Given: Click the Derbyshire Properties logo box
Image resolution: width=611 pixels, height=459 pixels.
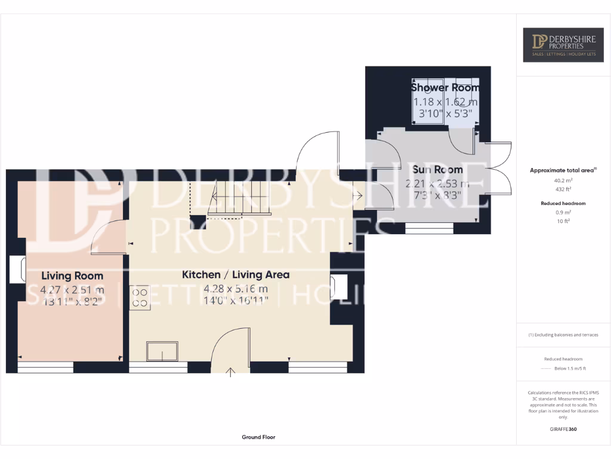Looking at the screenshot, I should pyautogui.click(x=563, y=45).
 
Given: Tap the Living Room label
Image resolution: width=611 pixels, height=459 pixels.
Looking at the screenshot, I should pyautogui.click(x=72, y=276).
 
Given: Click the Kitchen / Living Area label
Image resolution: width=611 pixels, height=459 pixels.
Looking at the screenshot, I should pyautogui.click(x=236, y=275).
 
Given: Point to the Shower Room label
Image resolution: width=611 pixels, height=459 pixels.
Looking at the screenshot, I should pyautogui.click(x=445, y=88).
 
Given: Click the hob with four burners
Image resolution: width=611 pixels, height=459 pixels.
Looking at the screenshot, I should pyautogui.click(x=140, y=298).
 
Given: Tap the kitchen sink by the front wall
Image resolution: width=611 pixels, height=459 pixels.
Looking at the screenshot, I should pyautogui.click(x=163, y=351).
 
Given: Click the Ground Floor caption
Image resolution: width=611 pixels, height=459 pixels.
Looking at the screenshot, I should pyautogui.click(x=258, y=437).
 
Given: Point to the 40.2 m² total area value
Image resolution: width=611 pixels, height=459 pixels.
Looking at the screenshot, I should pyautogui.click(x=563, y=180).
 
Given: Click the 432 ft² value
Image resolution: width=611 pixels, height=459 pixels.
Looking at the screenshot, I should pyautogui.click(x=563, y=189).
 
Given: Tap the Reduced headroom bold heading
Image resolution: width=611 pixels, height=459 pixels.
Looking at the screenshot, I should pyautogui.click(x=563, y=203).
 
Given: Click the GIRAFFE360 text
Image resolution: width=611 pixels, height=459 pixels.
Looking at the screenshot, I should pyautogui.click(x=563, y=429).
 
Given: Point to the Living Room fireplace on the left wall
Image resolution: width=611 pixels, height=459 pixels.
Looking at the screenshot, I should pyautogui.click(x=18, y=269).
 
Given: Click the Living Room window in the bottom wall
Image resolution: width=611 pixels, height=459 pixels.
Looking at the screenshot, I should pyautogui.click(x=45, y=367).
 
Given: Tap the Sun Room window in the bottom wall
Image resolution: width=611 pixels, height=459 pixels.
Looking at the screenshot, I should pyautogui.click(x=428, y=228).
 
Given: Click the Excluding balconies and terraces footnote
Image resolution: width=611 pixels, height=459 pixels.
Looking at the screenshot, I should pyautogui.click(x=563, y=335).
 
